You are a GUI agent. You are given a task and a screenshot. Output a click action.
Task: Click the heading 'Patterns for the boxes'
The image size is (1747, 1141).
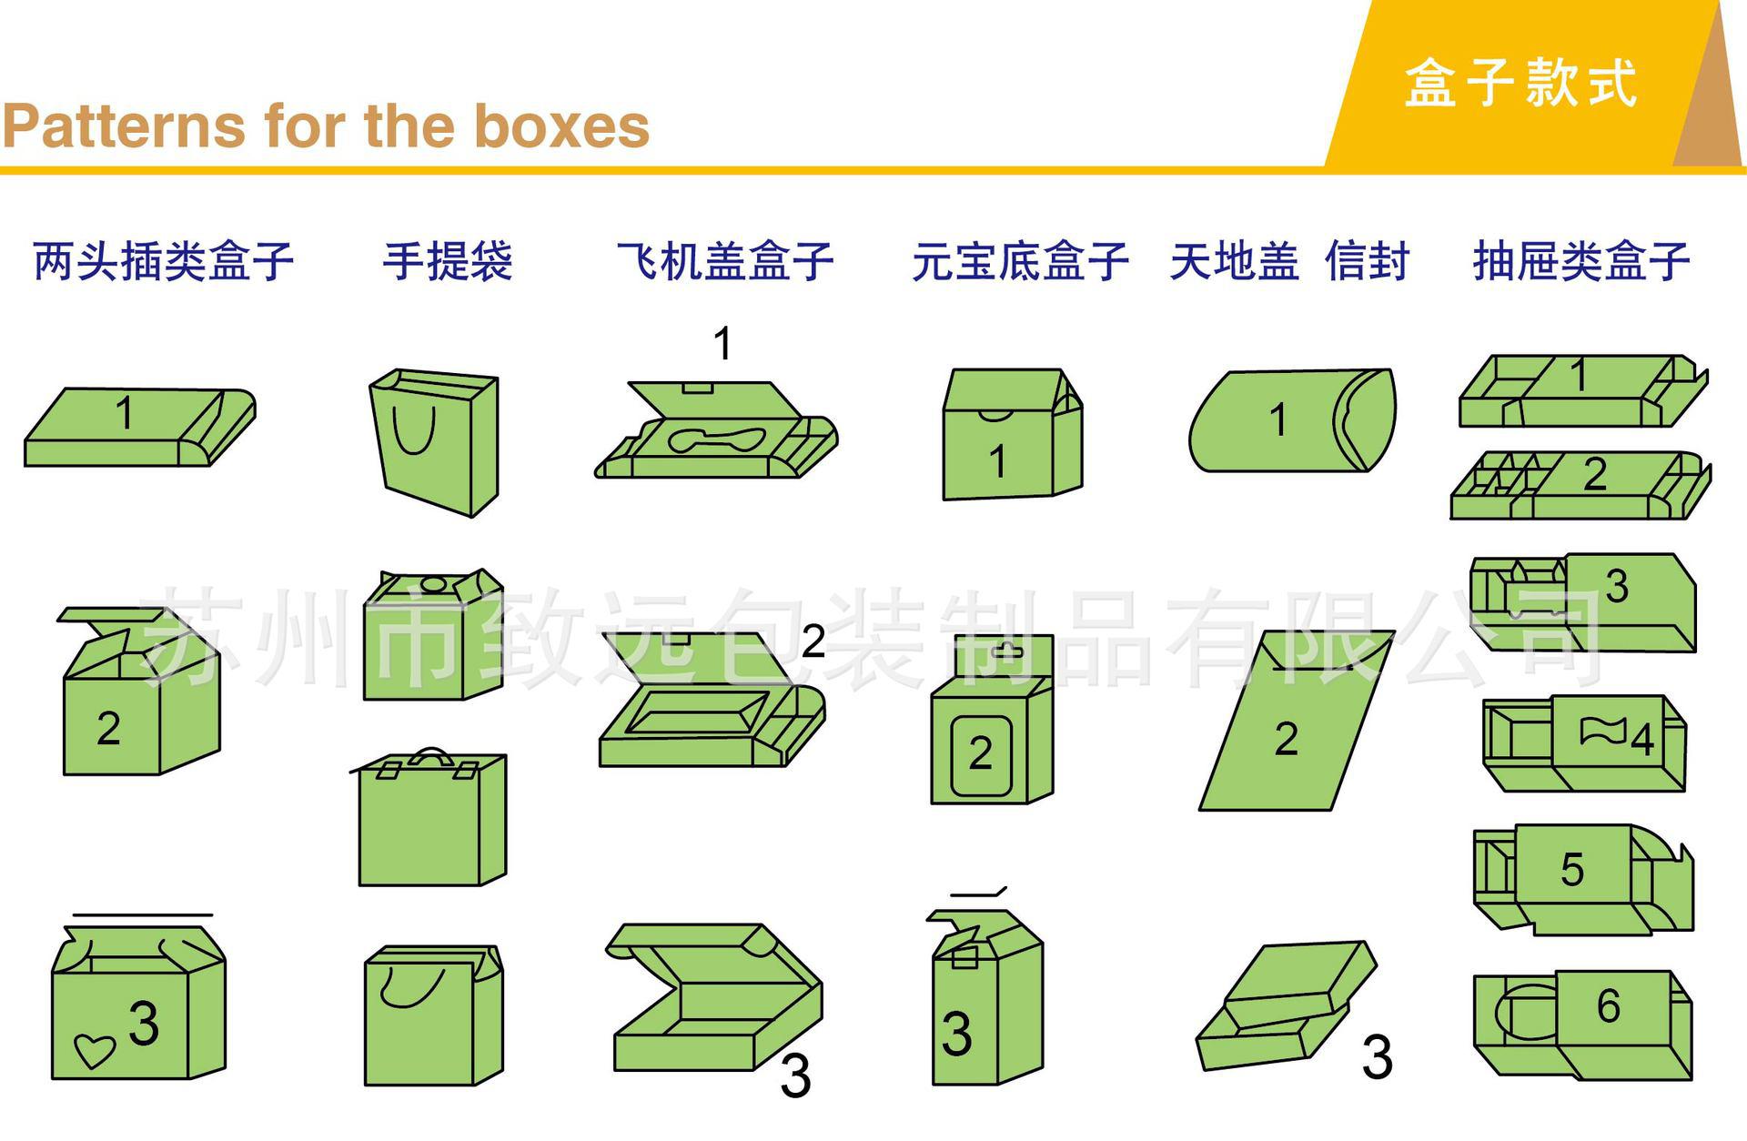pyautogui.click(x=326, y=126)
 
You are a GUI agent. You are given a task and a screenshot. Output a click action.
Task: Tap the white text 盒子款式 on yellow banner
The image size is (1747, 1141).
pyautogui.click(x=1520, y=83)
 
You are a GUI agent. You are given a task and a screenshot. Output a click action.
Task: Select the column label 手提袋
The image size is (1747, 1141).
pyautogui.click(x=448, y=261)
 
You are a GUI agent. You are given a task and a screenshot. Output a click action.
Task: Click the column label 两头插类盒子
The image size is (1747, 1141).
pyautogui.click(x=164, y=261)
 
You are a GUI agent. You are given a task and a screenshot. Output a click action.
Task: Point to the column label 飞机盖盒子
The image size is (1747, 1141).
pyautogui.click(x=725, y=261)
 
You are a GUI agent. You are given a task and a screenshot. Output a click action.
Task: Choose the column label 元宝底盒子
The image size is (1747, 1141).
pyautogui.click(x=1021, y=261)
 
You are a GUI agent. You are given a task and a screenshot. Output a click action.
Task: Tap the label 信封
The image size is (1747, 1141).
pyautogui.click(x=1368, y=261)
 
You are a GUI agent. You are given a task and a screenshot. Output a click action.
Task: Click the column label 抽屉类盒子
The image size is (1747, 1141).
pyautogui.click(x=1581, y=261)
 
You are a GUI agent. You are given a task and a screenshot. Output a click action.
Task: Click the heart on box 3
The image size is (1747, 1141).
pyautogui.click(x=94, y=1051)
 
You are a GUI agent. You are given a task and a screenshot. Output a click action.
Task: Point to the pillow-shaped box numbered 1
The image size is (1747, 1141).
pyautogui.click(x=1292, y=420)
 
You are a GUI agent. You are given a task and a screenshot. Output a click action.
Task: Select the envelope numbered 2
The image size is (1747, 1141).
pyautogui.click(x=1297, y=720)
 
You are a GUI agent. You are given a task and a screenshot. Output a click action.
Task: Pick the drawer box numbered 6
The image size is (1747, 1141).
pyautogui.click(x=1583, y=1024)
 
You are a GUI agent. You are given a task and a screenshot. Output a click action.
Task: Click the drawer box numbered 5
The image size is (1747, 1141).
pyautogui.click(x=1583, y=879)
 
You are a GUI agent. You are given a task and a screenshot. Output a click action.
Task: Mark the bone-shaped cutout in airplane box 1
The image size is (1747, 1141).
pyautogui.click(x=718, y=439)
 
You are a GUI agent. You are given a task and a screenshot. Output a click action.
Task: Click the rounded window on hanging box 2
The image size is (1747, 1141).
pyautogui.click(x=981, y=755)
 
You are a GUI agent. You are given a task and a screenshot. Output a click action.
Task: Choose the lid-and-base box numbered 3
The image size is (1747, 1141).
pyautogui.click(x=1285, y=1006)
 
